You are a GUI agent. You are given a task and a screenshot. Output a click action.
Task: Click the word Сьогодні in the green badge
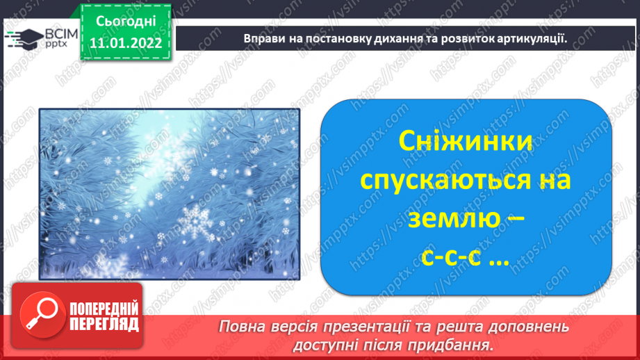126,22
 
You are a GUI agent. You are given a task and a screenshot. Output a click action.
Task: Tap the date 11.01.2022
126,43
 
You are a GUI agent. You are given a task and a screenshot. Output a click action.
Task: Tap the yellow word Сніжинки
466,141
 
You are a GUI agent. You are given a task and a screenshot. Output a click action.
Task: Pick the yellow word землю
454,218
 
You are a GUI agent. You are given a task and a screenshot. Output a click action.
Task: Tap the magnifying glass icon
42,315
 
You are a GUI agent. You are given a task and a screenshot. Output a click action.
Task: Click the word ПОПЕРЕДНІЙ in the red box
104,309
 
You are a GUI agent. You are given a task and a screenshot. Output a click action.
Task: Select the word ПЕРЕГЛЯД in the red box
104,325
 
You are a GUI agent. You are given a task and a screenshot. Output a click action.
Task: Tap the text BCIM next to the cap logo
61,34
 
